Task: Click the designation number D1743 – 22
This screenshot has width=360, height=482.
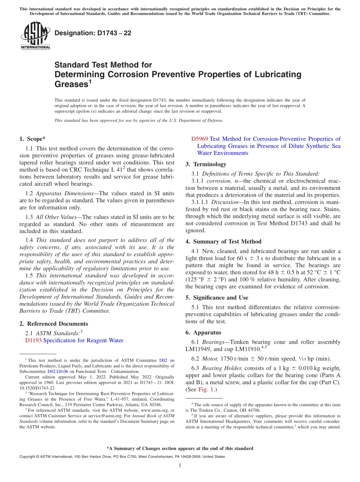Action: point(93,33)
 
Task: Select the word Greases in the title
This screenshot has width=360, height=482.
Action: point(71,84)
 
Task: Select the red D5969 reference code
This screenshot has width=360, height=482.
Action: point(199,139)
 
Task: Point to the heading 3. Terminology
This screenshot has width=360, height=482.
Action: point(206,164)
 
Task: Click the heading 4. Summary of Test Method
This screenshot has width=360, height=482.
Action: point(223,241)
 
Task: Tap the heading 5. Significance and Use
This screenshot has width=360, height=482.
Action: point(217,297)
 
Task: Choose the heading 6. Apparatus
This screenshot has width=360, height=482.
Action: point(203,332)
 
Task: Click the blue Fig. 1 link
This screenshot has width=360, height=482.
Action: point(205,389)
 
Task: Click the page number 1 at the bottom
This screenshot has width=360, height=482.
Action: point(180,465)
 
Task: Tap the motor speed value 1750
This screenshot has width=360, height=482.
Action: point(226,358)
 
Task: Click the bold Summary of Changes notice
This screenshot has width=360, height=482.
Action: point(180,448)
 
